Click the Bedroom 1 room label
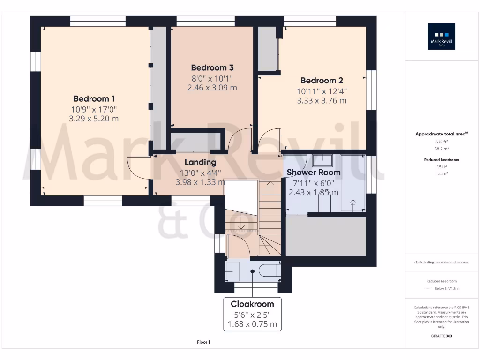click(94, 99)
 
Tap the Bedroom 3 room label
click(212, 68)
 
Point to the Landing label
click(200, 162)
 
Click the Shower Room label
click(313, 172)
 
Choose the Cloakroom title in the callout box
click(252, 304)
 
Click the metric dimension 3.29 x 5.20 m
click(94, 119)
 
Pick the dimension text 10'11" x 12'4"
click(322, 91)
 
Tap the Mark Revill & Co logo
click(442, 37)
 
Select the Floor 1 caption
click(203, 342)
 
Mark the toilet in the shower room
click(324, 202)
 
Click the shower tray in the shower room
click(352, 183)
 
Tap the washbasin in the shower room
click(322, 160)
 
